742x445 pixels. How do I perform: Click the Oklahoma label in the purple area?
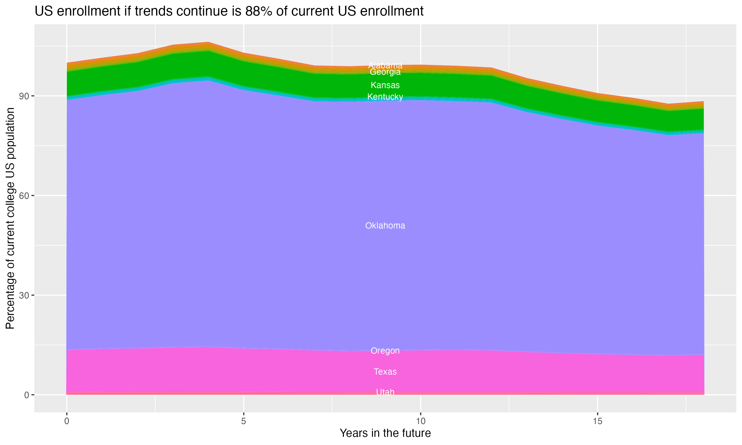tap(385, 225)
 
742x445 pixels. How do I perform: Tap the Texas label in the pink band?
tap(385, 372)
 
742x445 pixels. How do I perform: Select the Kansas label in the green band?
tap(385, 85)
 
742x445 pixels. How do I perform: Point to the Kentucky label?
tap(385, 97)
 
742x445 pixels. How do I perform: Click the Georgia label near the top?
tap(385, 72)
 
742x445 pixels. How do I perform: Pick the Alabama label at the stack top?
tap(385, 65)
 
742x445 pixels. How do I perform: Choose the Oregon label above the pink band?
tap(385, 351)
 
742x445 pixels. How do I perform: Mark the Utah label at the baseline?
tap(385, 392)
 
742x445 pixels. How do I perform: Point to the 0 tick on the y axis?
tap(27, 395)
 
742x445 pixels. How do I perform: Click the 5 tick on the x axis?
tap(244, 421)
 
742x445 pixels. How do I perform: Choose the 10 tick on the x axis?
tap(421, 421)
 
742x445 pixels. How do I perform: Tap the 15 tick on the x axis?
tap(598, 421)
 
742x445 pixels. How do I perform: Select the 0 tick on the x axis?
tap(67, 421)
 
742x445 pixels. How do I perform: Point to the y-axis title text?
tap(10, 218)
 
